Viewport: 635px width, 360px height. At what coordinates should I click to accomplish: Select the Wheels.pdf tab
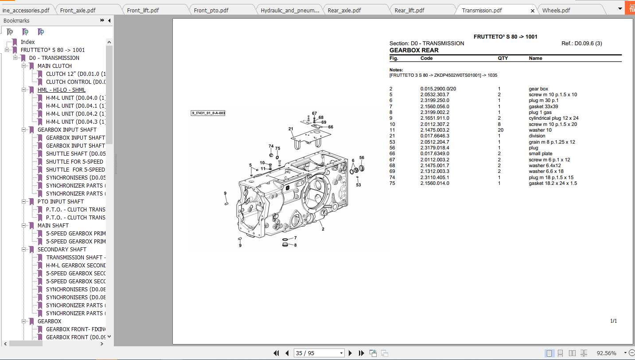[x=556, y=10]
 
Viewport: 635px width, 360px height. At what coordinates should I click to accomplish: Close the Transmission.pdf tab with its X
[x=532, y=11]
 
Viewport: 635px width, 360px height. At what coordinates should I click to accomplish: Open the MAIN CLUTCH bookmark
[x=55, y=66]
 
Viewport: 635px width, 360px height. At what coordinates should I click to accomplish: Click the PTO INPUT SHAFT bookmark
[x=60, y=201]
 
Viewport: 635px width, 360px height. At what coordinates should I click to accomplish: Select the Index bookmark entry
[x=27, y=42]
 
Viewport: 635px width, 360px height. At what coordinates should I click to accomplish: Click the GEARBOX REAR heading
[x=414, y=50]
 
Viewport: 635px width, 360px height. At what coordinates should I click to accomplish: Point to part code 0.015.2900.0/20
[x=438, y=89]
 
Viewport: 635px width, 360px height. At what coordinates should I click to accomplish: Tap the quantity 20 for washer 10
[x=500, y=130]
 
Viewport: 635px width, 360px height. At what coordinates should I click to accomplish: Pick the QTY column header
[x=503, y=58]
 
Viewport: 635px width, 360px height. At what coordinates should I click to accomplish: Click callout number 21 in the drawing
[x=291, y=129]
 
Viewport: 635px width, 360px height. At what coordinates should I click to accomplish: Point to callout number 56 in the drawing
[x=362, y=157]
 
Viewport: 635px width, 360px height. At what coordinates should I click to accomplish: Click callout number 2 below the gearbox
[x=323, y=229]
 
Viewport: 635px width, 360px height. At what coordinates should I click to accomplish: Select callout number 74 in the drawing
[x=271, y=146]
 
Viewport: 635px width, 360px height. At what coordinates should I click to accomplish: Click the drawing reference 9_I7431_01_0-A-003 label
[x=208, y=113]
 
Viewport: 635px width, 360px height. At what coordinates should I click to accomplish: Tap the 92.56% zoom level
[x=606, y=353]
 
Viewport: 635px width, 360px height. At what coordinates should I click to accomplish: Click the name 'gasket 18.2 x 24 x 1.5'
[x=553, y=183]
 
